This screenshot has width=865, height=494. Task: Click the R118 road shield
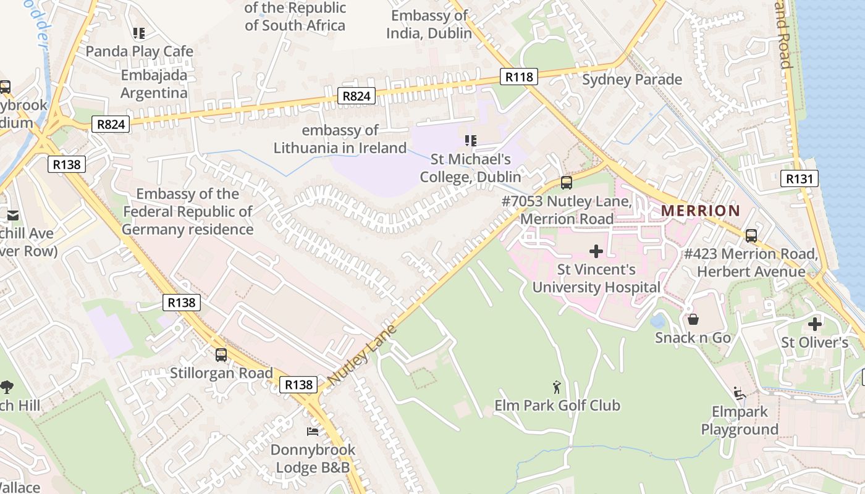click(x=518, y=77)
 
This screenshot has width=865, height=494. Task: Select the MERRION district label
click(x=700, y=211)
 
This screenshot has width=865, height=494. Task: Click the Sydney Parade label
click(x=631, y=80)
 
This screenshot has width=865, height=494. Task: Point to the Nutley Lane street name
click(x=361, y=354)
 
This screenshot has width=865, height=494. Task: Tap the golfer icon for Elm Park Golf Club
click(x=557, y=387)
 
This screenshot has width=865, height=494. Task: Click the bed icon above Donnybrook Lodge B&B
click(x=313, y=431)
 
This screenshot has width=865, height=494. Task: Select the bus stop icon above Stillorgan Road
click(x=221, y=355)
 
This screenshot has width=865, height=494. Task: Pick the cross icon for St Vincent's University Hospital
click(x=596, y=251)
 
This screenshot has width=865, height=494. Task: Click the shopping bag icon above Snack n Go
click(x=693, y=319)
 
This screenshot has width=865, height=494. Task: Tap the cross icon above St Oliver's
click(x=815, y=324)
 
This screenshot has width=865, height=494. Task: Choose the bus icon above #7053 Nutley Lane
click(x=566, y=183)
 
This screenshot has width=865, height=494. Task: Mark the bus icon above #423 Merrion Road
click(x=751, y=236)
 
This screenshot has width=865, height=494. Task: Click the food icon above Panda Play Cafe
click(x=139, y=33)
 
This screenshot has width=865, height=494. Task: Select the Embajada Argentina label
click(x=154, y=84)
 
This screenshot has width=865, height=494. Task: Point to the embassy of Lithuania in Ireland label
click(x=340, y=139)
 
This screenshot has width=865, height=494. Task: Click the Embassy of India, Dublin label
click(x=429, y=24)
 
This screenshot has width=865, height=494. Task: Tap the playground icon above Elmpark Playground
click(x=739, y=393)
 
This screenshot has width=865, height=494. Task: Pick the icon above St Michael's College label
click(x=471, y=141)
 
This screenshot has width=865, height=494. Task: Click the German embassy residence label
click(x=188, y=212)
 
